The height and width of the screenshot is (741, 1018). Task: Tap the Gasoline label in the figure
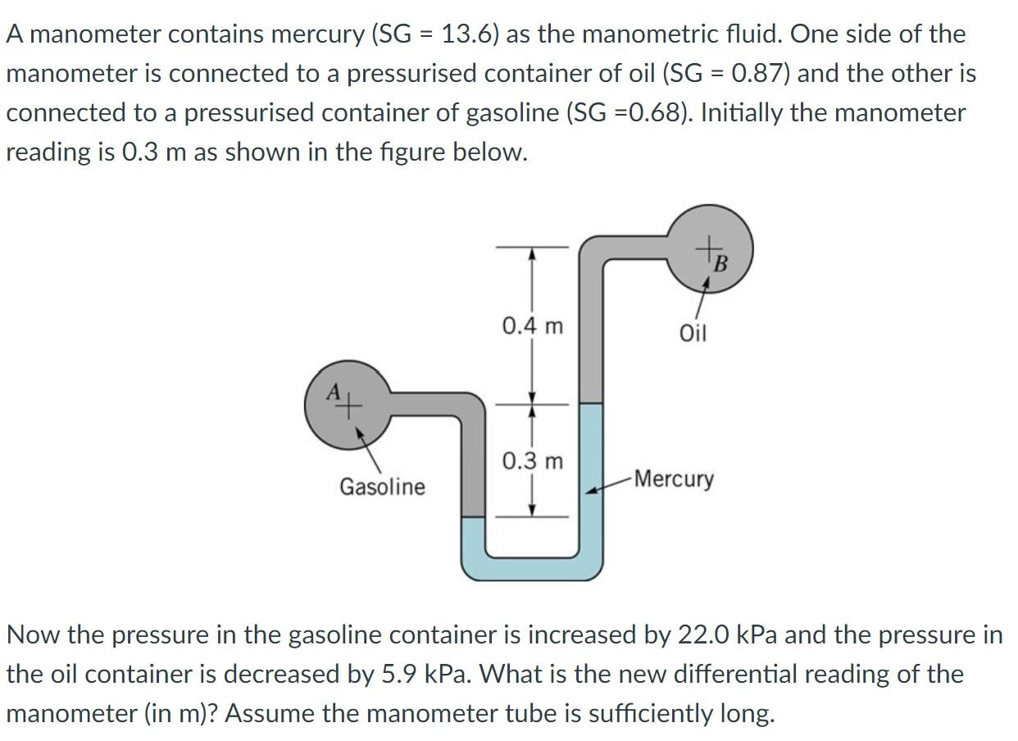tap(382, 487)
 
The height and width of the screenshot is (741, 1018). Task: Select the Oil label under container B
tap(693, 334)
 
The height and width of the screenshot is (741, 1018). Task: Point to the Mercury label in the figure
tap(674, 479)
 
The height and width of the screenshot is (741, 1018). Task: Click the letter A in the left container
tap(333, 393)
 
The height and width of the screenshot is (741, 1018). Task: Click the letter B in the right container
tap(720, 264)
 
